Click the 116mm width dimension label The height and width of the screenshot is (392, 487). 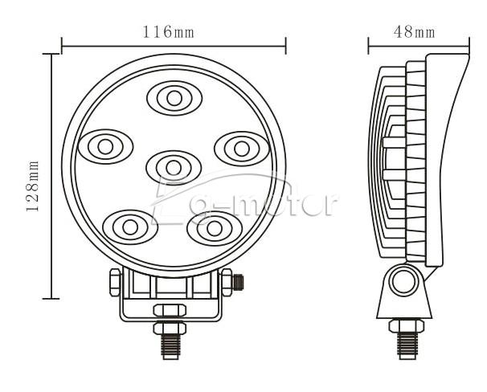click(x=168, y=32)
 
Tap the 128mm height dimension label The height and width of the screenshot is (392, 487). click(x=33, y=186)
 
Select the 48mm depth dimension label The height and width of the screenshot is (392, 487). click(x=415, y=31)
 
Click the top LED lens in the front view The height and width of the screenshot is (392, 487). click(x=174, y=98)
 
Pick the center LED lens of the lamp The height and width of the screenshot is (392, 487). click(x=174, y=168)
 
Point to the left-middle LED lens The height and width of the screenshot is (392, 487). click(x=105, y=147)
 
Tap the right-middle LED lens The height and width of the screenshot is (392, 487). click(x=242, y=149)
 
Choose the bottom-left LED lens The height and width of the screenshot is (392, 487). click(x=130, y=227)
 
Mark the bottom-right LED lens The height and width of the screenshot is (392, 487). click(x=215, y=229)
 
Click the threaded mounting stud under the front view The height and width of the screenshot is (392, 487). click(x=170, y=346)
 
